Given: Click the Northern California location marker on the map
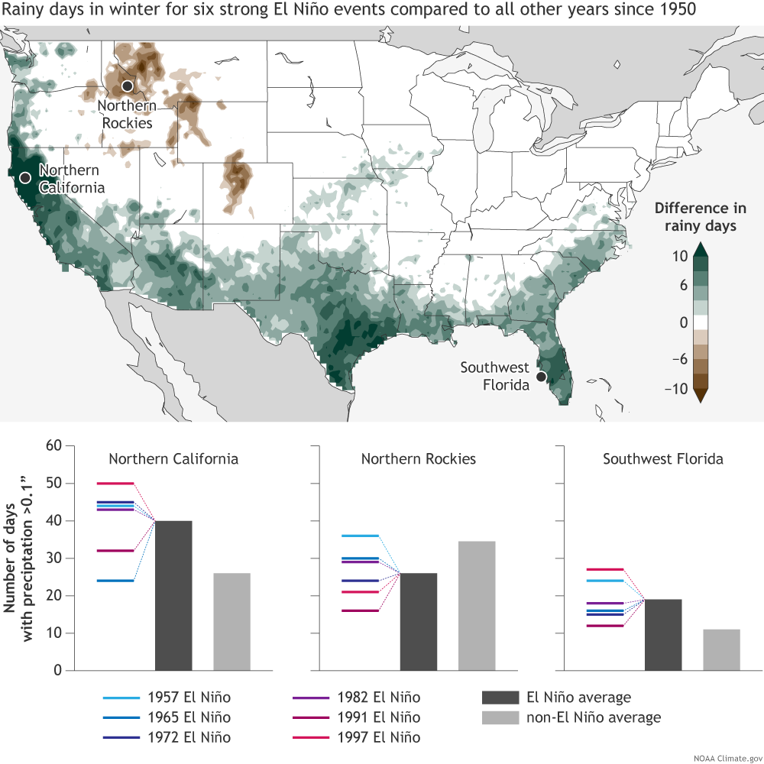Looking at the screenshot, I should click(24, 177).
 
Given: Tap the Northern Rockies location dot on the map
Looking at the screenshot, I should click(128, 86).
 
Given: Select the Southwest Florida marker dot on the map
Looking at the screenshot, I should click(541, 377).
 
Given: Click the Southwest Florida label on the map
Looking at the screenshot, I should click(494, 376).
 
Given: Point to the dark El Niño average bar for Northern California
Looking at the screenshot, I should click(173, 596).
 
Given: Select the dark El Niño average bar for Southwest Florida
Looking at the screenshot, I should click(663, 635).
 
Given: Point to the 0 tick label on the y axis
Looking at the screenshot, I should click(57, 671).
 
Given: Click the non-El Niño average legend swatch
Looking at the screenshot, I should click(497, 717).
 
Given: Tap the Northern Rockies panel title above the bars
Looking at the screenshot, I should click(419, 459).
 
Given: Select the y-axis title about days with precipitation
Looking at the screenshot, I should click(20, 558).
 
